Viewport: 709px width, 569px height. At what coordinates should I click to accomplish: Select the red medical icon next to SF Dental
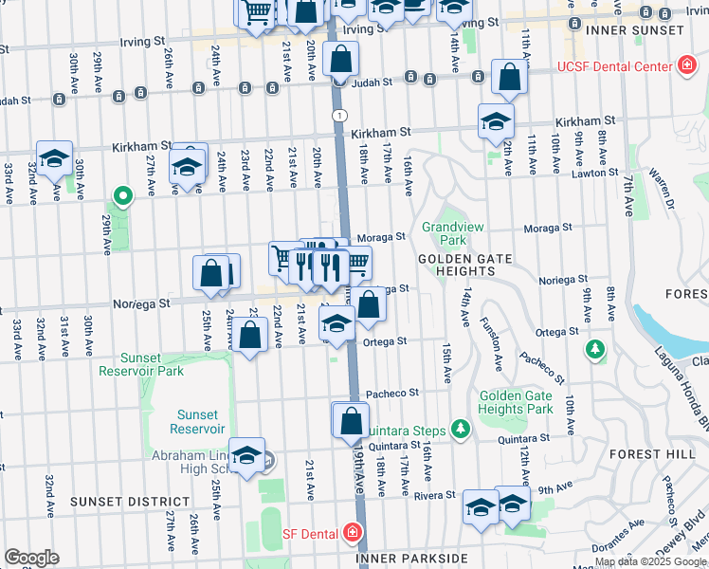pos(353,534)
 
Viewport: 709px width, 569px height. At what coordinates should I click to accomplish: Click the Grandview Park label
pos(445,233)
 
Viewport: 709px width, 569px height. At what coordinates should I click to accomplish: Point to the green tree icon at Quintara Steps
pos(462,430)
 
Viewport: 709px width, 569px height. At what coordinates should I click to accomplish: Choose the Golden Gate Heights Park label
pos(516,402)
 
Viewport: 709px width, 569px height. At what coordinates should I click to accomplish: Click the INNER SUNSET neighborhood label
pos(634,30)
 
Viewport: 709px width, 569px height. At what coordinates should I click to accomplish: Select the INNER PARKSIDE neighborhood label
pos(411,559)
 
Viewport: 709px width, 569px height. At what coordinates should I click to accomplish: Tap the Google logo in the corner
pos(31,558)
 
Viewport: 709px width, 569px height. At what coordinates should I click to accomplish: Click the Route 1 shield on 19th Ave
pos(337,114)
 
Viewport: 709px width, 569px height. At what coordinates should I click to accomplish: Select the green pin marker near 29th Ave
pos(121,197)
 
